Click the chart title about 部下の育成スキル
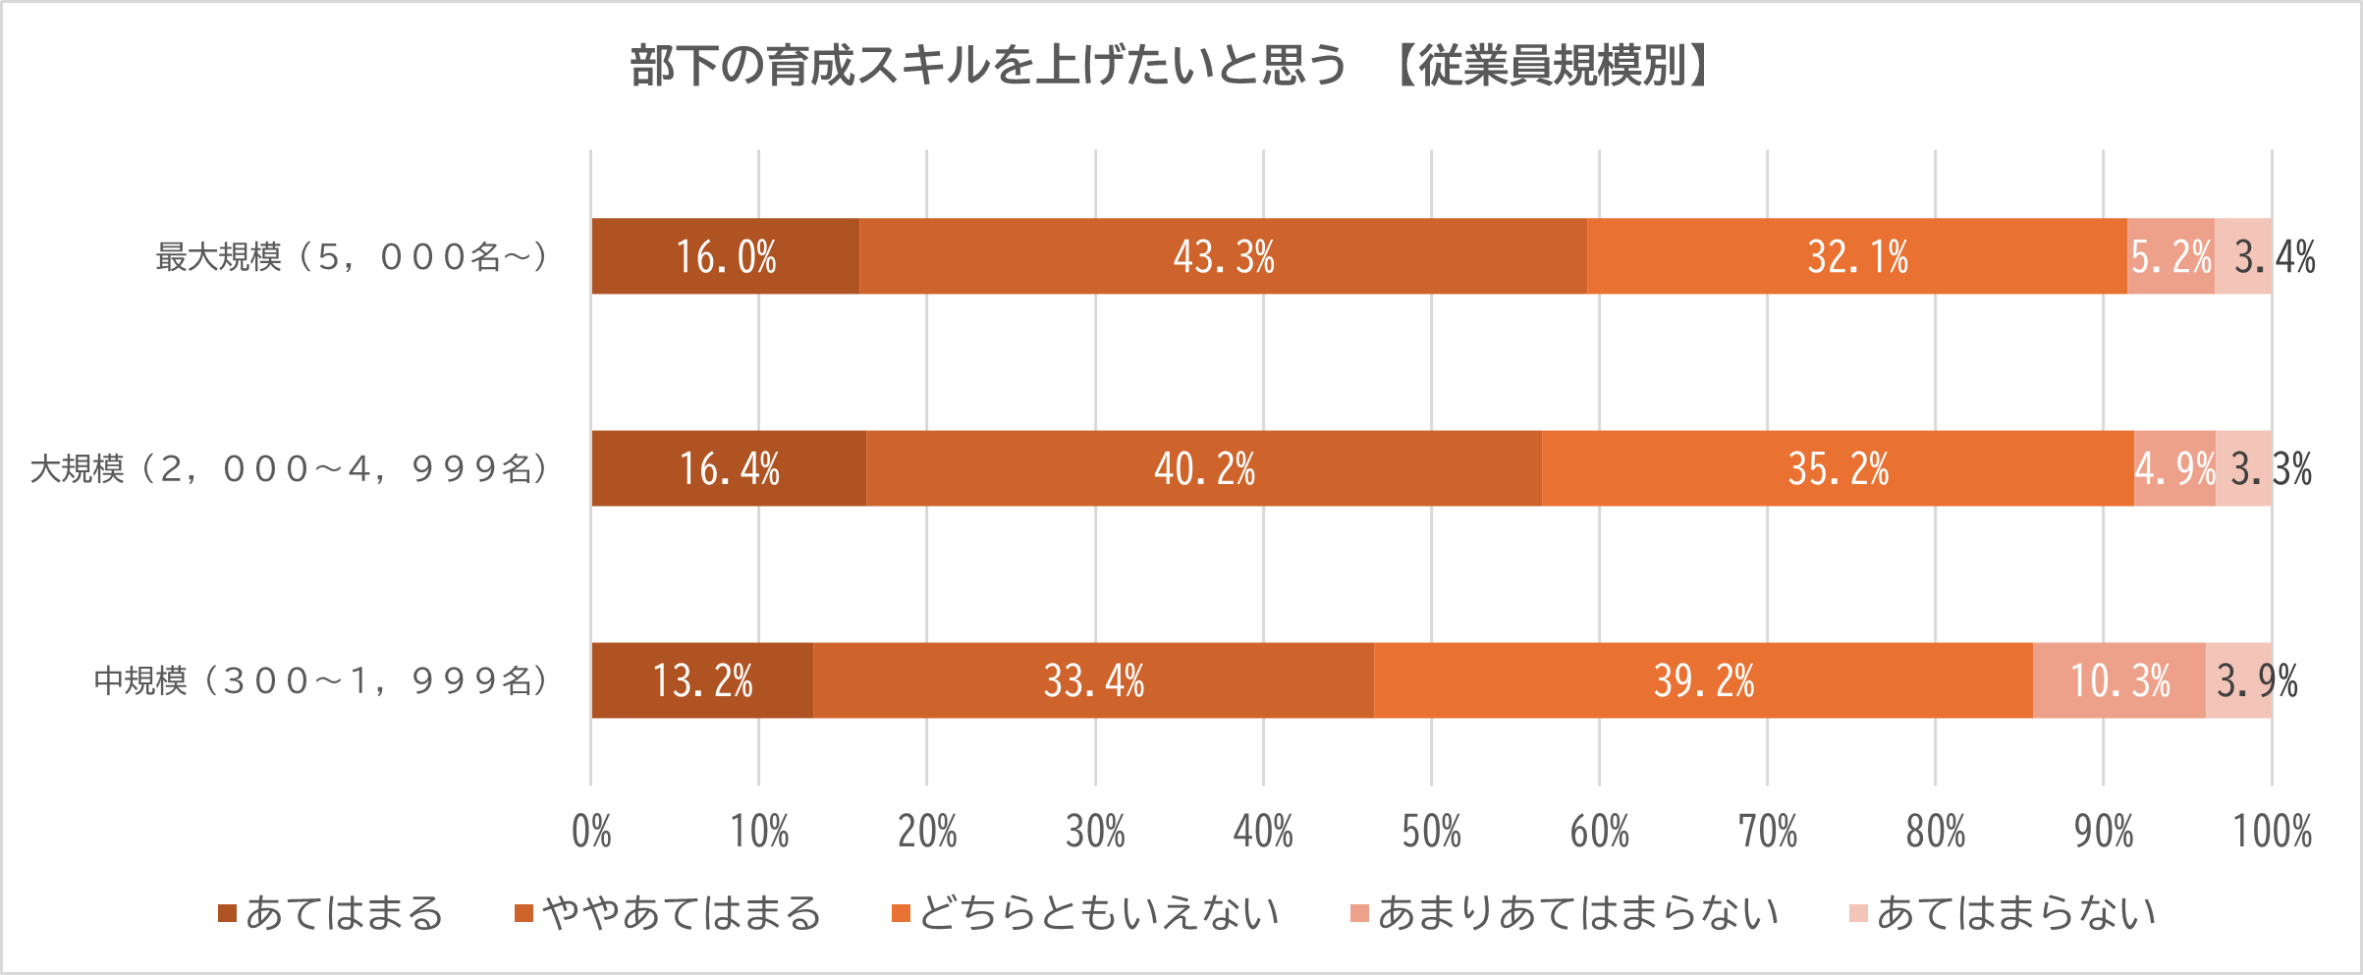[1169, 67]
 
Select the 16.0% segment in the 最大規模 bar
[726, 257]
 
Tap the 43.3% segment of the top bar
[1224, 257]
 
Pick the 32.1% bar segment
[1857, 257]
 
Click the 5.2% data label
[2171, 257]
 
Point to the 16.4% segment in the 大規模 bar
[729, 469]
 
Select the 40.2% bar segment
[1204, 469]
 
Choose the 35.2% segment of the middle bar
[1838, 469]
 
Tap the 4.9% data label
[2174, 469]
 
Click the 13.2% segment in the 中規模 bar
[702, 681]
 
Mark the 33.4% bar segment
[1093, 681]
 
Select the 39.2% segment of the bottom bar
[1703, 681]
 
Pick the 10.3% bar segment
[2119, 681]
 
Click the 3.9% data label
[2257, 681]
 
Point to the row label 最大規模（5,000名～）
[353, 257]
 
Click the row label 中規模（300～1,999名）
[321, 681]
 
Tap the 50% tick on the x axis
[1431, 833]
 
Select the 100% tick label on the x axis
[2272, 833]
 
